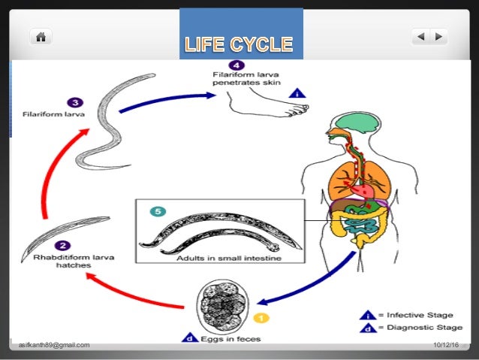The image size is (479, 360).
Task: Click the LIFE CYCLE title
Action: click(239, 44)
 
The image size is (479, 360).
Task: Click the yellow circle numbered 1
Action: click(264, 318)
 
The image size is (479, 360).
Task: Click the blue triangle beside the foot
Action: click(298, 94)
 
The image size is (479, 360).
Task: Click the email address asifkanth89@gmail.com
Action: click(55, 345)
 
